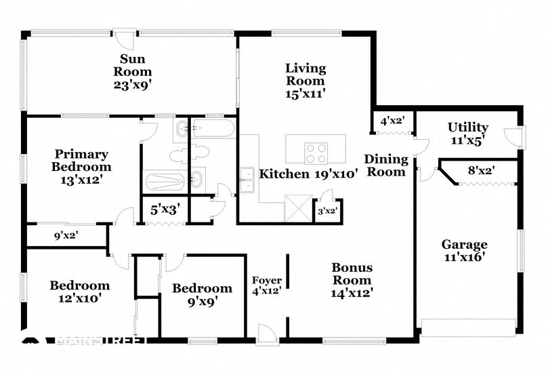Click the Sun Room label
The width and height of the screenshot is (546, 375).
point(133,71)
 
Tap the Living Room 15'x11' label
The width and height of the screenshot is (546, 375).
point(306,81)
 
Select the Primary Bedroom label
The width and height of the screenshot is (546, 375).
point(81,167)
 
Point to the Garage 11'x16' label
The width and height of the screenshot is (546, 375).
point(465,250)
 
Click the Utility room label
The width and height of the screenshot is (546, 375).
point(467,133)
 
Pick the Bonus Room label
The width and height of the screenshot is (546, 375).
point(352,280)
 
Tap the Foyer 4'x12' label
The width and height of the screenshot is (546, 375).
point(267,285)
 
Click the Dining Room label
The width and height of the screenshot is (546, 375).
point(386,165)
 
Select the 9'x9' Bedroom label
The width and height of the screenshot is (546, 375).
point(203,295)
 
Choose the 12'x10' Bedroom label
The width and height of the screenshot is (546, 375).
point(80,292)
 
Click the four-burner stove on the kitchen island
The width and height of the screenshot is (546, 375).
point(316,153)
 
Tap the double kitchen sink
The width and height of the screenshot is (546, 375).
point(247,180)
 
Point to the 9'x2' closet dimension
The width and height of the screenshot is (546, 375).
point(66,236)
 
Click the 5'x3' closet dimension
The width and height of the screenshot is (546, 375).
point(165,210)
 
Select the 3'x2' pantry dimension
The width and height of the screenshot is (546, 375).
point(328,211)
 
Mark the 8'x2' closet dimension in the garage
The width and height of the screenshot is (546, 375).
point(482,171)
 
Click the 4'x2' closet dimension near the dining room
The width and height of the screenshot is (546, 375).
point(392,121)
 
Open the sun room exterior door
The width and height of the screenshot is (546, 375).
point(124,39)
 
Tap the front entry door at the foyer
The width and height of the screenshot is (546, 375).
point(266,335)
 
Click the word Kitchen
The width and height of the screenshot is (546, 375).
point(284,174)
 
